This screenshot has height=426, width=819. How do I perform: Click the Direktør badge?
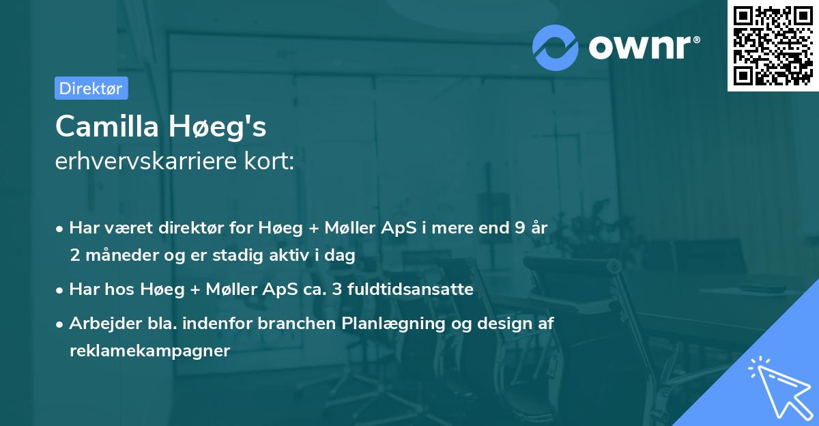(x=91, y=88)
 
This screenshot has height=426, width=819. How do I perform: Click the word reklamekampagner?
(x=150, y=351)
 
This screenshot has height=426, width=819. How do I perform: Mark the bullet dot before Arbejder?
(x=60, y=324)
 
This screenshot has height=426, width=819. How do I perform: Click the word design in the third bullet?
(x=496, y=324)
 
